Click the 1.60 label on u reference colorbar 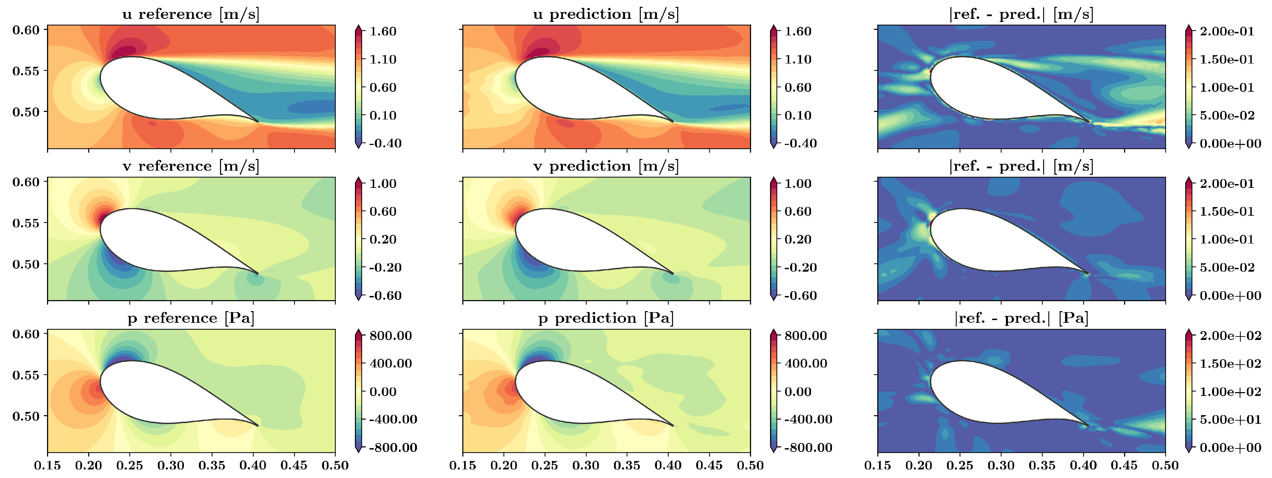(383, 32)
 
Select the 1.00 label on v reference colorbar (383, 184)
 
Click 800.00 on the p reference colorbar (391, 336)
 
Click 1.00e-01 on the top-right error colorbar (1227, 88)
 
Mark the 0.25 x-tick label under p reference (130, 466)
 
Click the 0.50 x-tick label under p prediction (750, 466)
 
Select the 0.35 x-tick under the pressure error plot (1042, 466)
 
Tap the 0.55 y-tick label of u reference (26, 71)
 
